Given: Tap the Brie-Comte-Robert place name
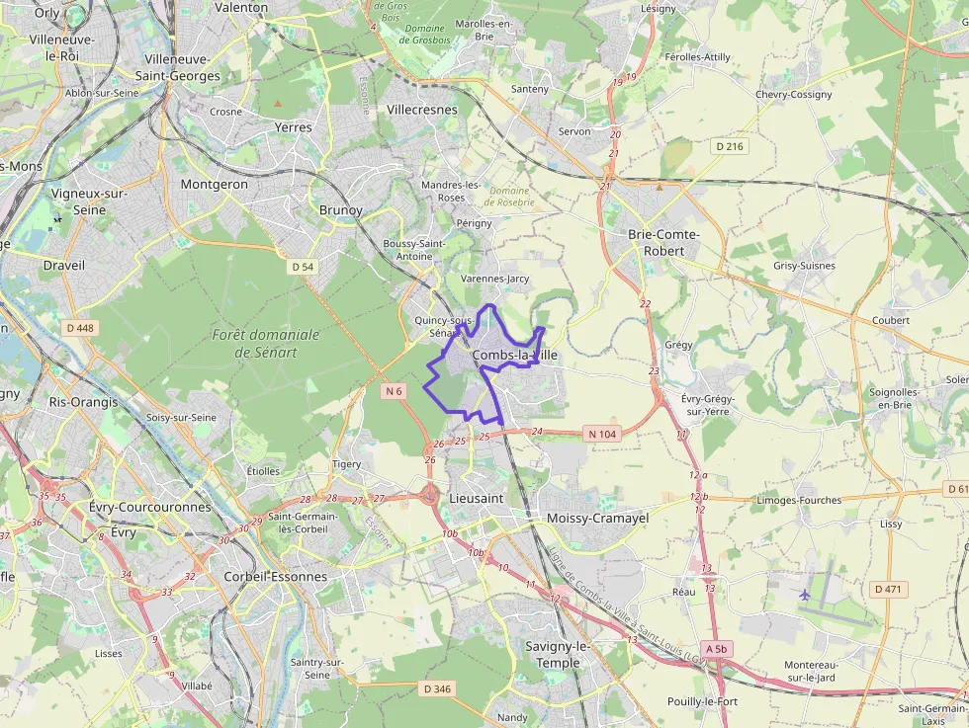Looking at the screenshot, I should point(663,242).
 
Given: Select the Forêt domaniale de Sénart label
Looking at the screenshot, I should point(266,342).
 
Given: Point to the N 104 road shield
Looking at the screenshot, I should point(601,434).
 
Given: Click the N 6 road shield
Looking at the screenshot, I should point(395,391).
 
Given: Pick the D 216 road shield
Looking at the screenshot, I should point(730,146).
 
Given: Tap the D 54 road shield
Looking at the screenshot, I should point(303,267).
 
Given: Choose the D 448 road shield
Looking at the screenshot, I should point(79,327).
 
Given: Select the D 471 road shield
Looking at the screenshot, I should point(889,589).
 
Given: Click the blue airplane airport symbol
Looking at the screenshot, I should point(804,595).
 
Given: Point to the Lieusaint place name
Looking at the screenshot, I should point(477,499).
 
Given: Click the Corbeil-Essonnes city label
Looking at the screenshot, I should point(276,577).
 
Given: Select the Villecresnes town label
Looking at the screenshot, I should point(422,110).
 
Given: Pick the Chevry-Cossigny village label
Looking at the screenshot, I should point(793,95).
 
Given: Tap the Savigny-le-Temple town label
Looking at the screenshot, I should point(558,654).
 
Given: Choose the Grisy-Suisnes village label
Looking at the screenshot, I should point(804,266).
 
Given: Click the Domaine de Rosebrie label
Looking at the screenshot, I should point(511,196).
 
